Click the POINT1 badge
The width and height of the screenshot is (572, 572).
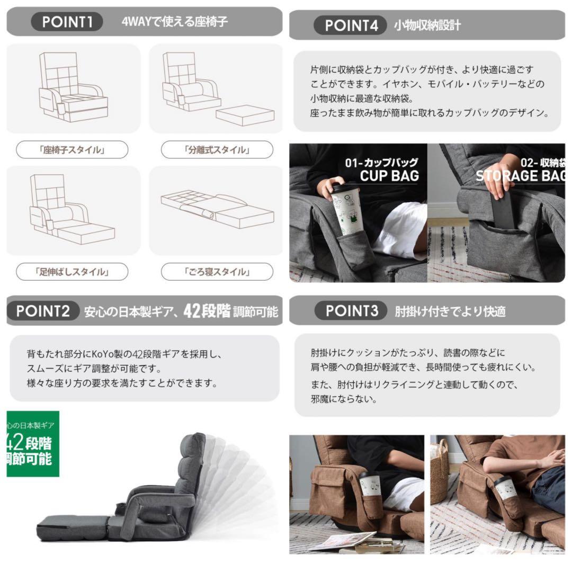[67, 22]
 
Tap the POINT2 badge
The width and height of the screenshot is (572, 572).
[43, 311]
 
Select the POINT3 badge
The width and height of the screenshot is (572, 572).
[352, 311]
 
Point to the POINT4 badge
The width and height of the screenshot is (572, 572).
[351, 25]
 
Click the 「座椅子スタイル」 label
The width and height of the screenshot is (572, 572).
[72, 150]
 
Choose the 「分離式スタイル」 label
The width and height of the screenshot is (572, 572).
[217, 150]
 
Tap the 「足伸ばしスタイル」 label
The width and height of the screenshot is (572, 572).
[72, 272]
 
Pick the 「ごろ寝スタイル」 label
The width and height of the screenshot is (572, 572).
[217, 272]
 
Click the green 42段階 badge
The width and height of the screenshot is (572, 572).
[32, 444]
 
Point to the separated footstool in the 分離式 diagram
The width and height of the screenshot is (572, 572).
[244, 115]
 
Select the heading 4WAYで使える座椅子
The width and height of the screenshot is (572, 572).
[174, 23]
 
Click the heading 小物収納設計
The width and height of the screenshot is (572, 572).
[427, 25]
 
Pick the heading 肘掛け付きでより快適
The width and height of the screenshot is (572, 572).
[450, 311]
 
